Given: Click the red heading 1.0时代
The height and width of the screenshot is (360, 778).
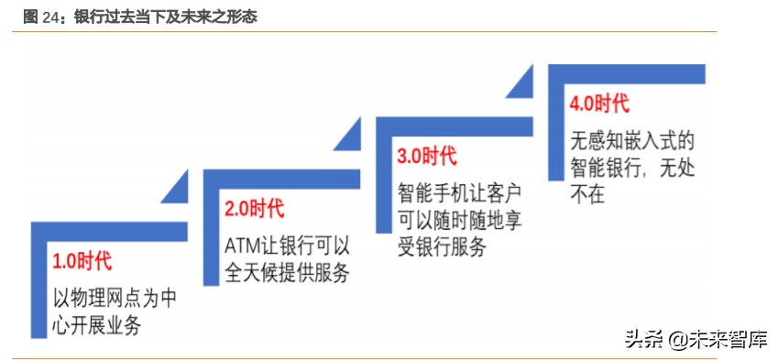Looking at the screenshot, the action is pyautogui.click(x=82, y=261).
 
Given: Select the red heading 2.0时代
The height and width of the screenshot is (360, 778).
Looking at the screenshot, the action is pyautogui.click(x=254, y=209).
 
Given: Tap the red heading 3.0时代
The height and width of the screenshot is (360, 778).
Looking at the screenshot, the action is pyautogui.click(x=426, y=156).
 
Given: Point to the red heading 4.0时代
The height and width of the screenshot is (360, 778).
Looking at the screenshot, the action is pyautogui.click(x=598, y=104).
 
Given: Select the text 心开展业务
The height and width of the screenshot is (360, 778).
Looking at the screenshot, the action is pyautogui.click(x=97, y=324).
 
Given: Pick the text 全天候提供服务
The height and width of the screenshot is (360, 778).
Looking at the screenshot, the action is pyautogui.click(x=287, y=272).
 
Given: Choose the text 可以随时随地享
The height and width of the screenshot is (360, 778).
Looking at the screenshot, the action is pyautogui.click(x=459, y=220).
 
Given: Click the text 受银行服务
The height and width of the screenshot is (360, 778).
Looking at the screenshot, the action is pyautogui.click(x=441, y=246).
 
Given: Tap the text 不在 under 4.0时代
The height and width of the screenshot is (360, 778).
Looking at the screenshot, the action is pyautogui.click(x=587, y=194).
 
